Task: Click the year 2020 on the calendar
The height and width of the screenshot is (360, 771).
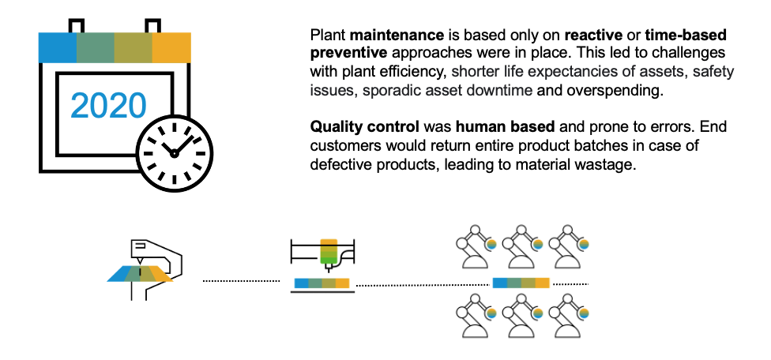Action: pyautogui.click(x=108, y=105)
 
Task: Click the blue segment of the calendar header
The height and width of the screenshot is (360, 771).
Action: pyautogui.click(x=58, y=47)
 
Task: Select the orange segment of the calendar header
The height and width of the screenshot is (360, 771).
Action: pyautogui.click(x=171, y=47)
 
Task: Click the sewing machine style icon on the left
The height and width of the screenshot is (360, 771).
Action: pyautogui.click(x=146, y=267)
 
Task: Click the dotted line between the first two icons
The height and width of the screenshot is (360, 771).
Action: pyautogui.click(x=241, y=280)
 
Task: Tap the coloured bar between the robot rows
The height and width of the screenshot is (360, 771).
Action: pyautogui.click(x=521, y=283)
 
